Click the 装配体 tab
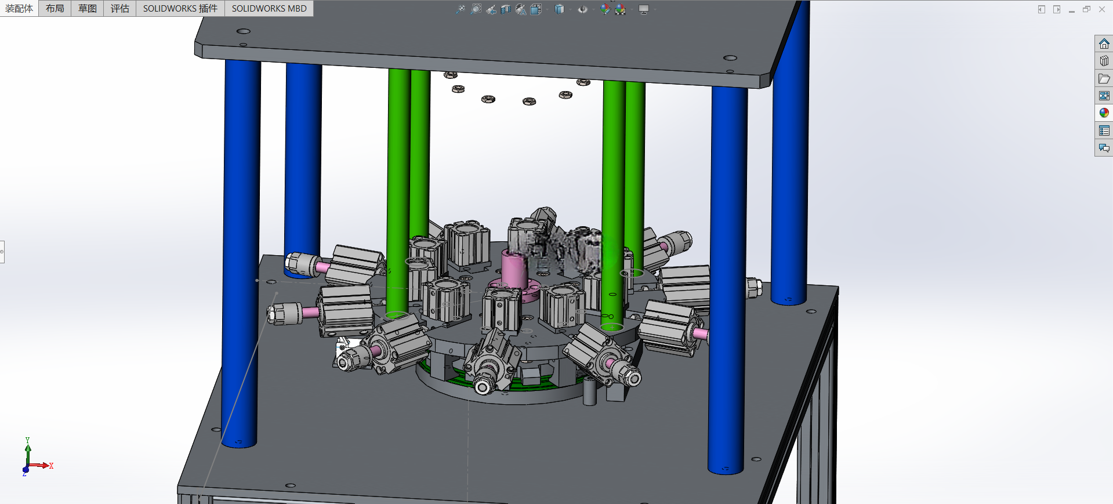[x=19, y=8]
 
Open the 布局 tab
[x=55, y=8]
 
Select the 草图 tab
[x=88, y=8]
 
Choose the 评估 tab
[x=120, y=8]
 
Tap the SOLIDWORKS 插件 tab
[x=180, y=8]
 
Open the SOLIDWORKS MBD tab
[x=269, y=8]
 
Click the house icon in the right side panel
[x=1104, y=43]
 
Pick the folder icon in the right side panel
[x=1104, y=78]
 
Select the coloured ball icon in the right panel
[x=1104, y=113]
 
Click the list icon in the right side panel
[x=1104, y=130]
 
